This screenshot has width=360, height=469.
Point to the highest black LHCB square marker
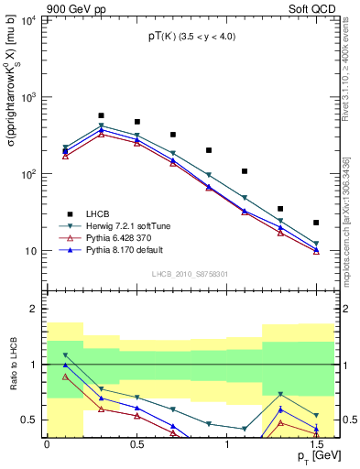pyautogui.click(x=101, y=116)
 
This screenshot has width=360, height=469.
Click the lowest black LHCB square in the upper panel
pyautogui.click(x=316, y=223)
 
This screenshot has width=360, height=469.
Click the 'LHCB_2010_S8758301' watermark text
pyautogui.click(x=189, y=274)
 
